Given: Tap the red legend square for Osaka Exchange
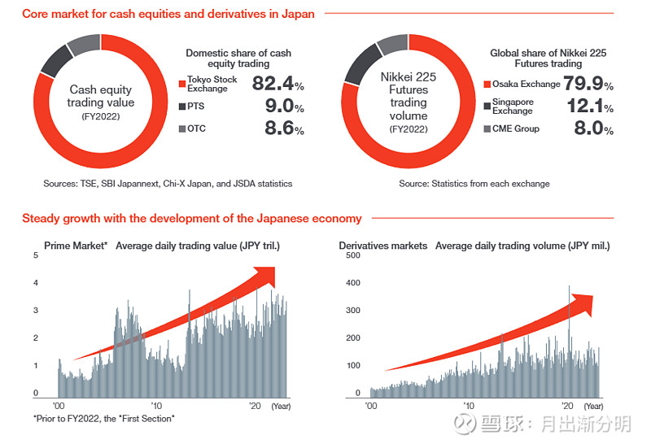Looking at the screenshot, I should (487, 84).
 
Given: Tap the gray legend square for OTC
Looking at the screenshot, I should (182, 129).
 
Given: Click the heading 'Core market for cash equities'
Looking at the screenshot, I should (168, 14).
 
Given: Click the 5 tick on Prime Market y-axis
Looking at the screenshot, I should (35, 255).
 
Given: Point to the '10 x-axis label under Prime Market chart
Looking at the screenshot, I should (156, 405).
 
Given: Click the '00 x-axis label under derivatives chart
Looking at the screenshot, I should (371, 405).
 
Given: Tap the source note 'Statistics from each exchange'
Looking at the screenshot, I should (474, 184).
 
